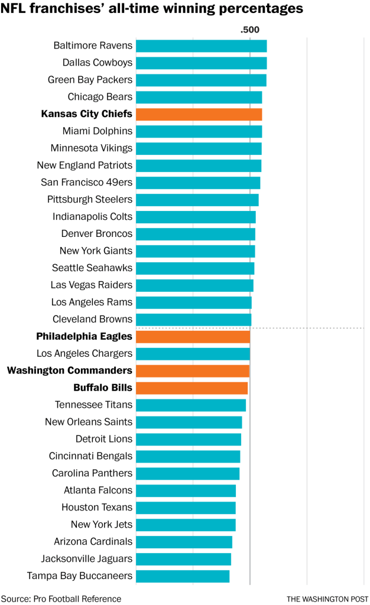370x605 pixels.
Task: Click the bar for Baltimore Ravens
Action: click(201, 45)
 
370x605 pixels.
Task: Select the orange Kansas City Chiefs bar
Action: click(199, 114)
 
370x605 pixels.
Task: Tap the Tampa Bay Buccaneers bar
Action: click(183, 576)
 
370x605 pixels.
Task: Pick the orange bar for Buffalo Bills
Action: click(192, 388)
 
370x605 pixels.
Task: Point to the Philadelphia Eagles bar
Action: click(193, 337)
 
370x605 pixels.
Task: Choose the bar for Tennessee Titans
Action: click(190, 405)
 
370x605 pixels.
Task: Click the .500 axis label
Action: click(249, 30)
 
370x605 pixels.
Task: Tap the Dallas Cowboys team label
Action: click(97, 63)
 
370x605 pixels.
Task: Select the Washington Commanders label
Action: click(69, 371)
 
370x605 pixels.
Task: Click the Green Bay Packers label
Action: click(90, 80)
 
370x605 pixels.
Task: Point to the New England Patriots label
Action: click(85, 165)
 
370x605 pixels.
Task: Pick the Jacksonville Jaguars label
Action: click(86, 559)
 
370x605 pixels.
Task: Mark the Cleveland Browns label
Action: click(92, 320)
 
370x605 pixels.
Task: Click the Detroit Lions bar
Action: click(189, 440)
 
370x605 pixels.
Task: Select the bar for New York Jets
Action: click(186, 525)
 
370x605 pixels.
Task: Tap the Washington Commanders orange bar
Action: click(193, 371)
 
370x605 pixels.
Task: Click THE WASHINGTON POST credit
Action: click(327, 599)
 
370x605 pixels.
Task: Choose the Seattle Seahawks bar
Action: click(195, 268)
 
